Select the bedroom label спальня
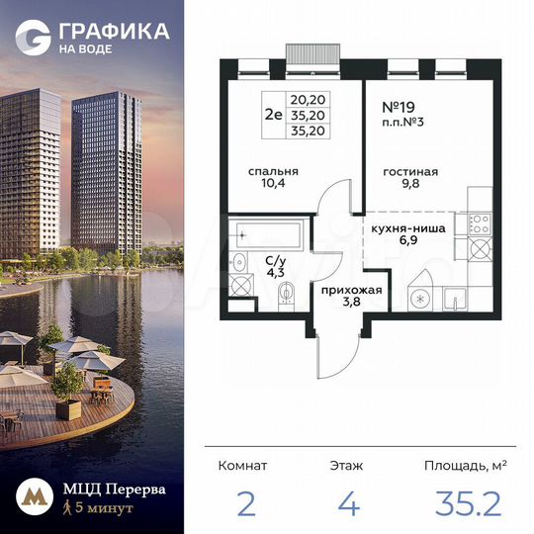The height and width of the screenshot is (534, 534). tap(274, 171)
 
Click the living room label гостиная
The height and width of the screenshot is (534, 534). tap(409, 171)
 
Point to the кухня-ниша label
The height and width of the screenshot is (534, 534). tap(408, 228)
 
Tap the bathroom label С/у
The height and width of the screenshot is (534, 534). tap(275, 260)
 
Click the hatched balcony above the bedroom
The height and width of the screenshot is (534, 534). tap(312, 52)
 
